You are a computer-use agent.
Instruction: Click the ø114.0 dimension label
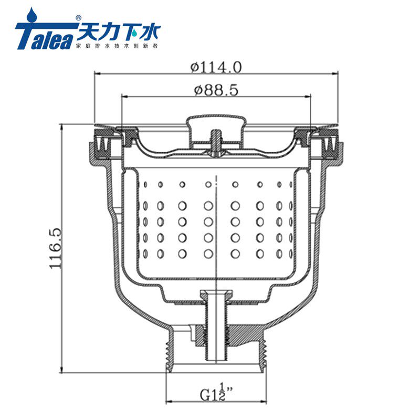[x=216, y=67]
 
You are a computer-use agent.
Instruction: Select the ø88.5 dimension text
[x=216, y=90]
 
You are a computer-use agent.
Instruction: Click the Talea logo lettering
[x=44, y=36]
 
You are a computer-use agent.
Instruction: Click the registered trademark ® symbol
[x=78, y=18]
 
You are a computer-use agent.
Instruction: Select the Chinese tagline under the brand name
[x=117, y=46]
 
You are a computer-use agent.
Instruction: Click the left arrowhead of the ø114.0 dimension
[x=98, y=73]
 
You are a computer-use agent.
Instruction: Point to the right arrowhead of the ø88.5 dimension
[x=308, y=96]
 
